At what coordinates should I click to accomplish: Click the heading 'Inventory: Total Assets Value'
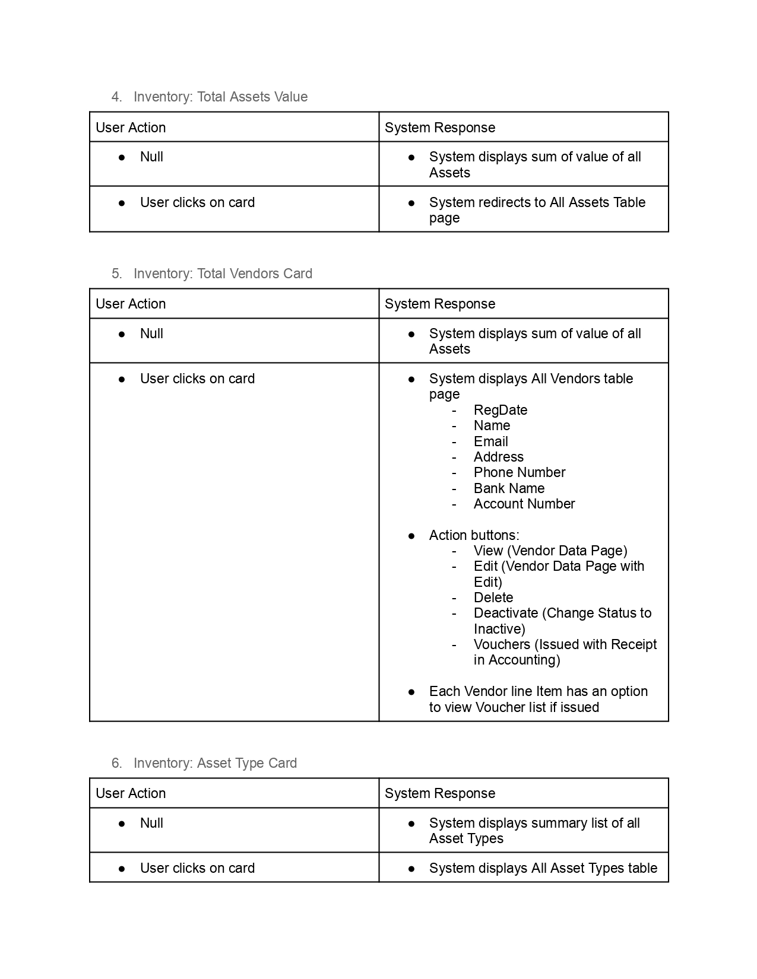coord(220,97)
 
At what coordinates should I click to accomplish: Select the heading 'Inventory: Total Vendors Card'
coord(223,274)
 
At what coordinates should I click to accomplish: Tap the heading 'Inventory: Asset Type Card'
coord(215,763)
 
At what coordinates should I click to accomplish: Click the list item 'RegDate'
coord(500,410)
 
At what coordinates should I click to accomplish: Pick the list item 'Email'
coord(490,441)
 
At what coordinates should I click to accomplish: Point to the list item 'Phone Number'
coord(519,472)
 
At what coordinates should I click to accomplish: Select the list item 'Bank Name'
coord(509,488)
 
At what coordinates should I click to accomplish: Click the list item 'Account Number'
coord(524,504)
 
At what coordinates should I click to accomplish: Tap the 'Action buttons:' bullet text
coord(474,535)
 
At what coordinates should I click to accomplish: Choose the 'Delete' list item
coord(493,597)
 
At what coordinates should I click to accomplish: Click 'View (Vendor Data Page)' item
coord(550,551)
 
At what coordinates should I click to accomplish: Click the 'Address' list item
coord(498,457)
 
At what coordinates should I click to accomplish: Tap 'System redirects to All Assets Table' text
coord(537,202)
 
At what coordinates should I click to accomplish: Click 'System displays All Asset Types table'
coord(543,868)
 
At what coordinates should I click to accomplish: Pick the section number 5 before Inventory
coord(116,274)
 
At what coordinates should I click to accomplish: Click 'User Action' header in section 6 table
coord(131,793)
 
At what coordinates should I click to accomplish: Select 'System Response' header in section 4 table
coord(439,128)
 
